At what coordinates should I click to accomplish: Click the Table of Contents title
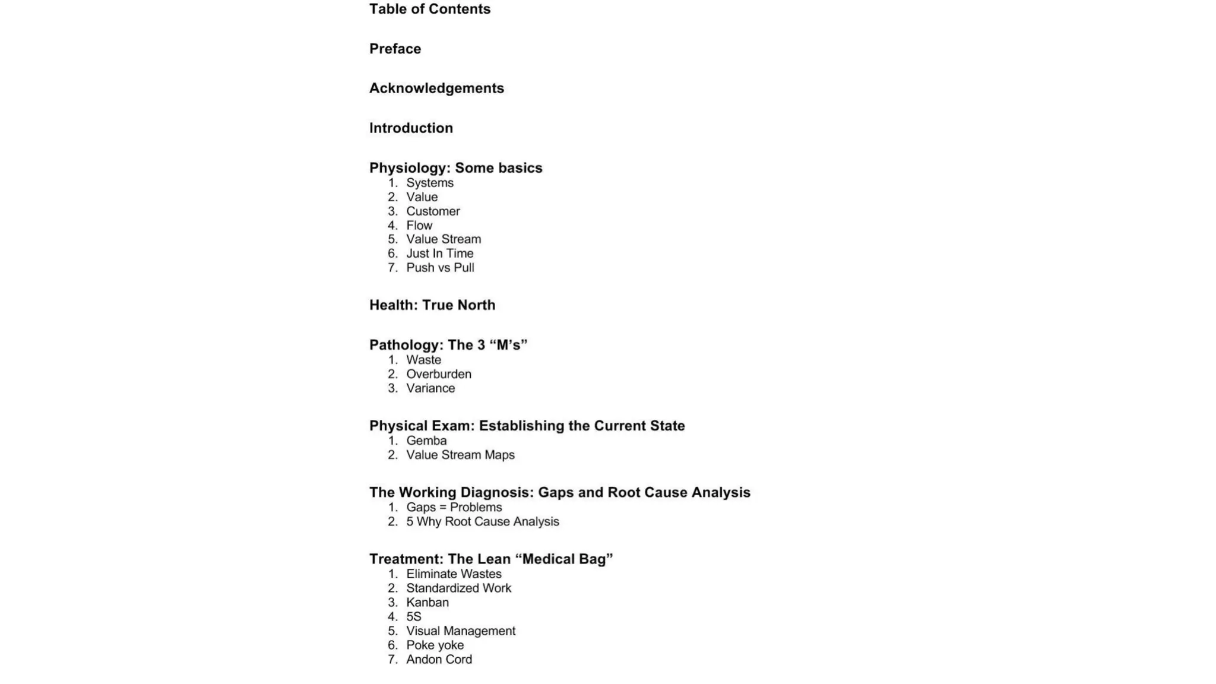pos(429,9)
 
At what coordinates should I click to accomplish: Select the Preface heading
pos(395,49)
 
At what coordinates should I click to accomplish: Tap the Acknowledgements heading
pos(436,88)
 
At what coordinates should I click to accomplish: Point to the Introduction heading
pos(411,128)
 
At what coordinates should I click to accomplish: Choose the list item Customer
pos(433,211)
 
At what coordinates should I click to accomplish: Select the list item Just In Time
pos(439,254)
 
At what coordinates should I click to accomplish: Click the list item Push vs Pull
pos(440,268)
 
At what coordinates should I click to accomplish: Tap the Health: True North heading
pos(432,305)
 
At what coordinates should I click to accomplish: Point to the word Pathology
pos(406,345)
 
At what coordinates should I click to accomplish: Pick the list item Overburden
pos(438,374)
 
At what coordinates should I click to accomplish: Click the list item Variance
pos(430,388)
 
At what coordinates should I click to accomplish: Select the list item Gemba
pos(426,441)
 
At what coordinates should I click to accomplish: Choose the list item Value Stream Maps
pos(460,455)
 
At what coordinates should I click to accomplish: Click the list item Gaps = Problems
pos(454,507)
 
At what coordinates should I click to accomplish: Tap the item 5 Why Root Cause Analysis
pos(482,521)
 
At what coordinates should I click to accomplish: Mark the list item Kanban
pos(427,602)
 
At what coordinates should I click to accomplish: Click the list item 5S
pos(413,616)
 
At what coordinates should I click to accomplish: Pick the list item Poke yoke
pos(435,645)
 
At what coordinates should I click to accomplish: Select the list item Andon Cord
pos(439,659)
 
